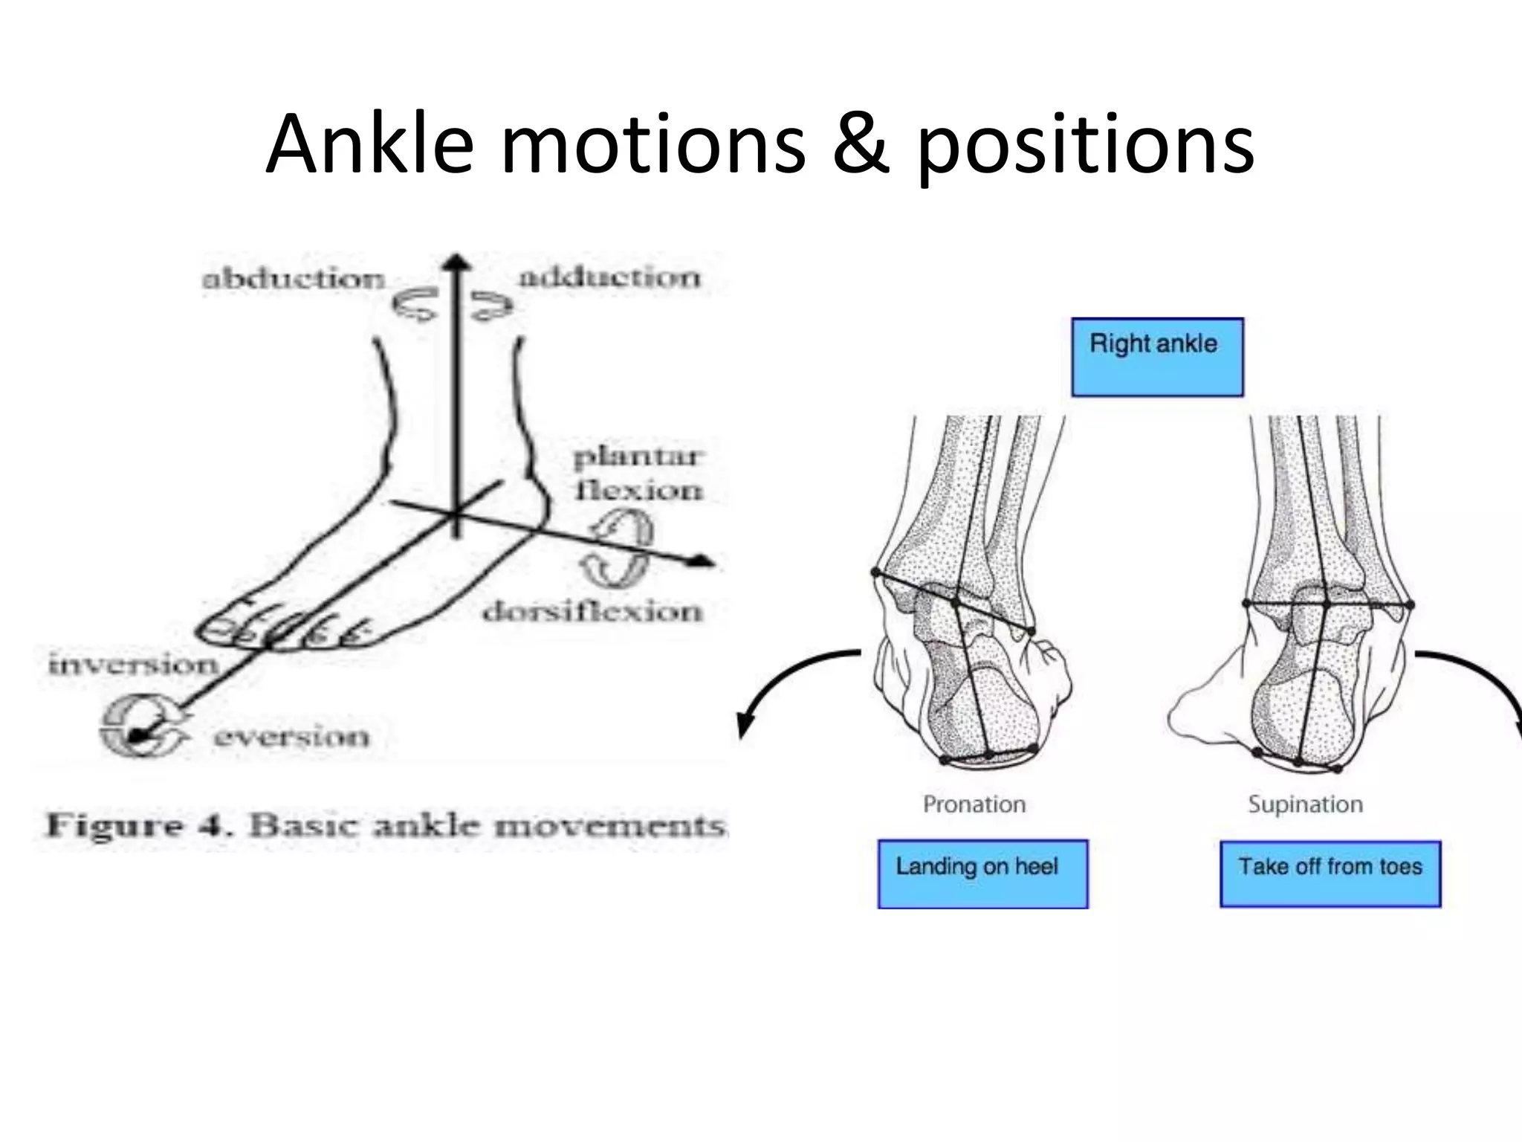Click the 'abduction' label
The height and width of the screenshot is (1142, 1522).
tap(294, 280)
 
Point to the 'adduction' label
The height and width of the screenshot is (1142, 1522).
tap(609, 278)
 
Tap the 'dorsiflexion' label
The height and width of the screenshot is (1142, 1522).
tap(592, 612)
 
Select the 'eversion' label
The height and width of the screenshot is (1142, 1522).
tap(291, 737)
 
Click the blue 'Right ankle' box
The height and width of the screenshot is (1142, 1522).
tap(1156, 357)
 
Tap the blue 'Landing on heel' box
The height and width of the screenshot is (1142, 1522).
tap(982, 874)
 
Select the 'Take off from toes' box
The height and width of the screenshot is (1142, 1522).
tap(1330, 874)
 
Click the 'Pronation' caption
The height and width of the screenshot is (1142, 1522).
tap(974, 804)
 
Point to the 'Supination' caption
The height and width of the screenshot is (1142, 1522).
tap(1305, 804)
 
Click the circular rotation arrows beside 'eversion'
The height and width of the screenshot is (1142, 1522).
tap(141, 726)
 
